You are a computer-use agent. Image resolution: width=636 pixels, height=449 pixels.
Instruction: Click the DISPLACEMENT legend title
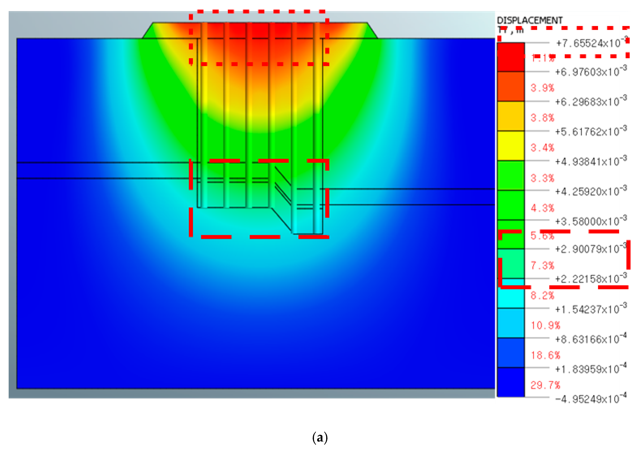529,20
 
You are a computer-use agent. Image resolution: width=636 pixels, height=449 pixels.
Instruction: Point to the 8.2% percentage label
542,296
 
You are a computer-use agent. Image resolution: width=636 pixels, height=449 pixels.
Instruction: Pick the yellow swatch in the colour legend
511,146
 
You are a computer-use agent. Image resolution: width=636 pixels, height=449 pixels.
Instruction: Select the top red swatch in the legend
511,57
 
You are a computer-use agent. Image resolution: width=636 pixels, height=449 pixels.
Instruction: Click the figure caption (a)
320,437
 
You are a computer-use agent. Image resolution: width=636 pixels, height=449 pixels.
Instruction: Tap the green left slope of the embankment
148,33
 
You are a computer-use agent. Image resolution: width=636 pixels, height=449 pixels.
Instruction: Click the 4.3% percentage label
542,208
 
